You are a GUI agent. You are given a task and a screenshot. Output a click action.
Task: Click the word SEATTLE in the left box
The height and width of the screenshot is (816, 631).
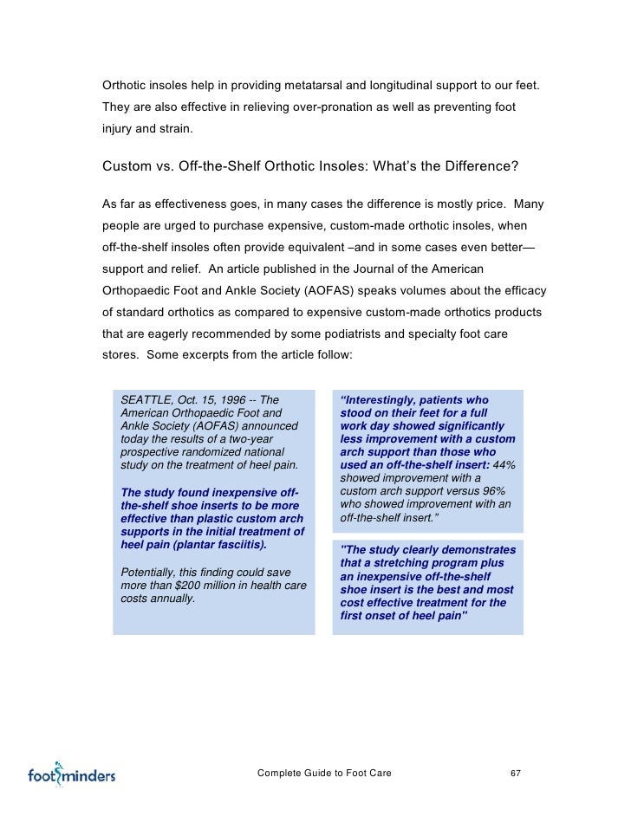pos(146,400)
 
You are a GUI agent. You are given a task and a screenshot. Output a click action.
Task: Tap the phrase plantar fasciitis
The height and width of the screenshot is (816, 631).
pos(212,547)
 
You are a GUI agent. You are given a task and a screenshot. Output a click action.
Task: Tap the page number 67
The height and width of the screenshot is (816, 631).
pos(515,773)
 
